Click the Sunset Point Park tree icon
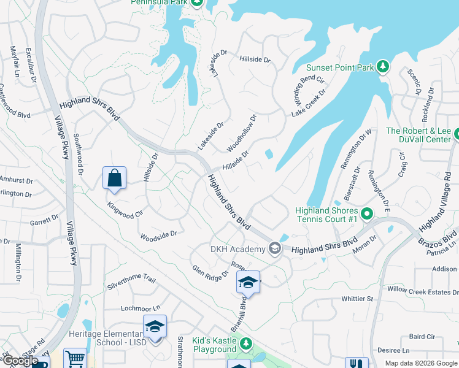point(383,66)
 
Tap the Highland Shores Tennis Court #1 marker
point(367,214)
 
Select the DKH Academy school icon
point(274,248)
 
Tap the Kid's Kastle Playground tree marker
point(246,343)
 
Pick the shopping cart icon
point(74,359)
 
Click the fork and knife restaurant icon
point(357,363)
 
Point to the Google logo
point(20,361)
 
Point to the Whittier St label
point(357,299)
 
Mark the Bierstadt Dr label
point(349,184)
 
